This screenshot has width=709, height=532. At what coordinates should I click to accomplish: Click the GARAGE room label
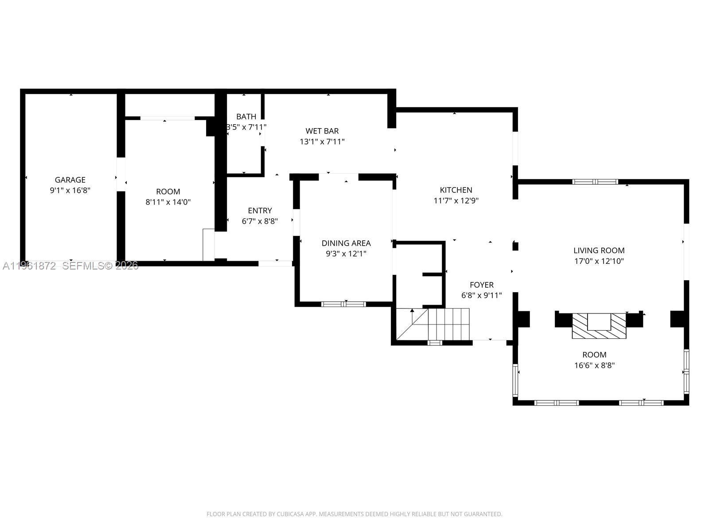click(x=70, y=180)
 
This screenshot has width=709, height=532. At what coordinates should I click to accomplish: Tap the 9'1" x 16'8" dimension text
click(x=70, y=191)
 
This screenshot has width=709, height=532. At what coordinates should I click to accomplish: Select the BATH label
click(x=246, y=117)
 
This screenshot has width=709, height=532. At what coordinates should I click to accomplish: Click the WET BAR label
click(x=322, y=131)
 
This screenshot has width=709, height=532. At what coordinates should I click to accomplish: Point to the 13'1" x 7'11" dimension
click(x=322, y=142)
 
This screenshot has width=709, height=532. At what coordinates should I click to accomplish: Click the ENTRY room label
click(x=260, y=211)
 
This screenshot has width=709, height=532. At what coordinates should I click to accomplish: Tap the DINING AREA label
click(x=346, y=243)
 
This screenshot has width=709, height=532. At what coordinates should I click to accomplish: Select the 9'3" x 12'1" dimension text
click(x=346, y=254)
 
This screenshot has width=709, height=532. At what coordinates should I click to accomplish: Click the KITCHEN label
click(x=456, y=190)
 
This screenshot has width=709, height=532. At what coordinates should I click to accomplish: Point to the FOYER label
click(x=482, y=285)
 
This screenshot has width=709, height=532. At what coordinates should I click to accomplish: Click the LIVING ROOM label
click(x=599, y=250)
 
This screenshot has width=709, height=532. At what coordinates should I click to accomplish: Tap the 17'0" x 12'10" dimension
click(x=599, y=261)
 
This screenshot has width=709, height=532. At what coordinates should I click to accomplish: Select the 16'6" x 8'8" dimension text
click(x=594, y=366)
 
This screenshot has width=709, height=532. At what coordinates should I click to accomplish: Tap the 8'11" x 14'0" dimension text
click(x=168, y=202)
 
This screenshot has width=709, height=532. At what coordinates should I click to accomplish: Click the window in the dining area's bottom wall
click(x=343, y=304)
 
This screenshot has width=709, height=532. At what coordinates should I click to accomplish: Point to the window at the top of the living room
click(x=595, y=182)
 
